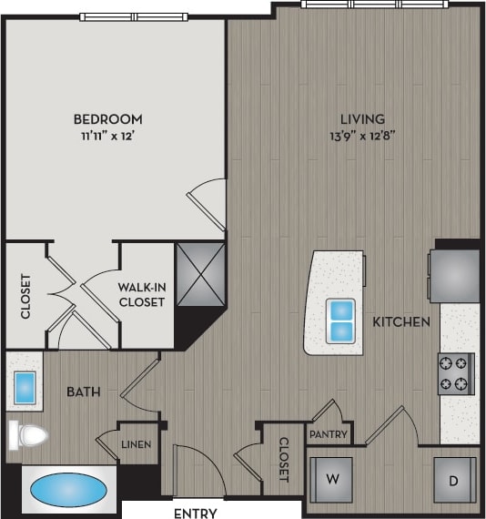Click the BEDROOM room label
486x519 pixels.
point(107,119)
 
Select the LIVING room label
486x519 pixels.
point(363,119)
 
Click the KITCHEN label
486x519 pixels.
point(400,322)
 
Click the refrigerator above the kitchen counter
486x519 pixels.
point(454,274)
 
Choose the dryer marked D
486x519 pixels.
point(452,477)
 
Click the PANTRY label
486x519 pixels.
point(328,435)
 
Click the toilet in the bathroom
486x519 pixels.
point(27,434)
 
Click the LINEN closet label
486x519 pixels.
point(137,445)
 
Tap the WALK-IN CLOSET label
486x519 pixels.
point(142,294)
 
